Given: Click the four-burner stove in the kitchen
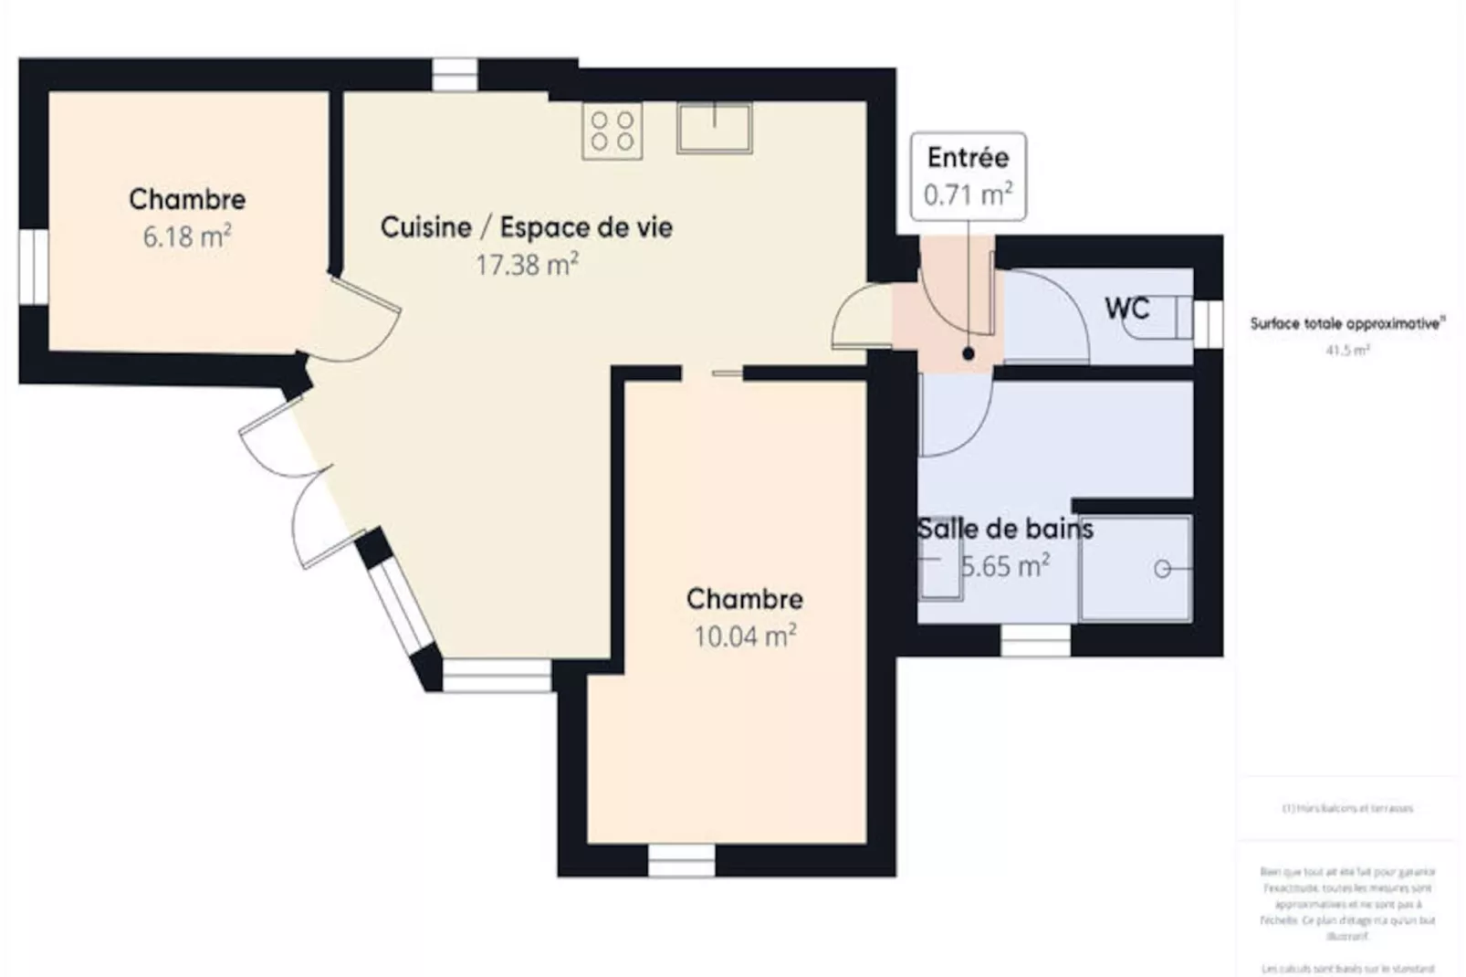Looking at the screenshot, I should [612, 131].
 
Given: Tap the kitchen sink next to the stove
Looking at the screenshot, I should [714, 128].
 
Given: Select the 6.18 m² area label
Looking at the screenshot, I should [187, 237].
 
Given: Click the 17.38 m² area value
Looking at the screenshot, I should [527, 266].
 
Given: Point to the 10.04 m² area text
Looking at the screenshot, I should [745, 636].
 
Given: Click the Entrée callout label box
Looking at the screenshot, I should [968, 176].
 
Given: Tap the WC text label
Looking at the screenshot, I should [1126, 309].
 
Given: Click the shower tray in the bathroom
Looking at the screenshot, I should [1136, 568].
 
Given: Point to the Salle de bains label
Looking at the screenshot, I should [1004, 529].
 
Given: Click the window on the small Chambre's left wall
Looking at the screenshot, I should [34, 266].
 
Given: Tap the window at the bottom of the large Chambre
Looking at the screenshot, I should [681, 860].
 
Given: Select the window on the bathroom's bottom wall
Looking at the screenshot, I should [1035, 641].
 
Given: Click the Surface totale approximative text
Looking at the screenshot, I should [1347, 323].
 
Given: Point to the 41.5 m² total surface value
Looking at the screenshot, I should [1347, 350].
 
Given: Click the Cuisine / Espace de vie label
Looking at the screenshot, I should [527, 227].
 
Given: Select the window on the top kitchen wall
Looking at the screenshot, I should [454, 75].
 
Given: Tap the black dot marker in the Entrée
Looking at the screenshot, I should [968, 353].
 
